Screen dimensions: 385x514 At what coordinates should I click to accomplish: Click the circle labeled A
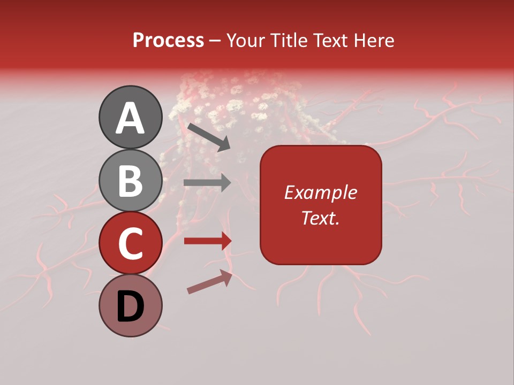coord(130,117)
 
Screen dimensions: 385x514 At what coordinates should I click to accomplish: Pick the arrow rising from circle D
coord(209,282)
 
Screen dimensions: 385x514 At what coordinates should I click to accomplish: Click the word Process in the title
coord(168,41)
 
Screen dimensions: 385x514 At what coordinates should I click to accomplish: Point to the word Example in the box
coord(320,192)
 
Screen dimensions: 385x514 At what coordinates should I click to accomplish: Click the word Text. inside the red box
coord(320,218)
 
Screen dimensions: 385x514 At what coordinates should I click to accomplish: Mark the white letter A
coord(130,118)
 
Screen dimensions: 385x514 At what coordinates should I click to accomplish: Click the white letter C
coord(130,243)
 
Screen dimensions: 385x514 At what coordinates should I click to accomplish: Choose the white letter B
coord(130,181)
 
